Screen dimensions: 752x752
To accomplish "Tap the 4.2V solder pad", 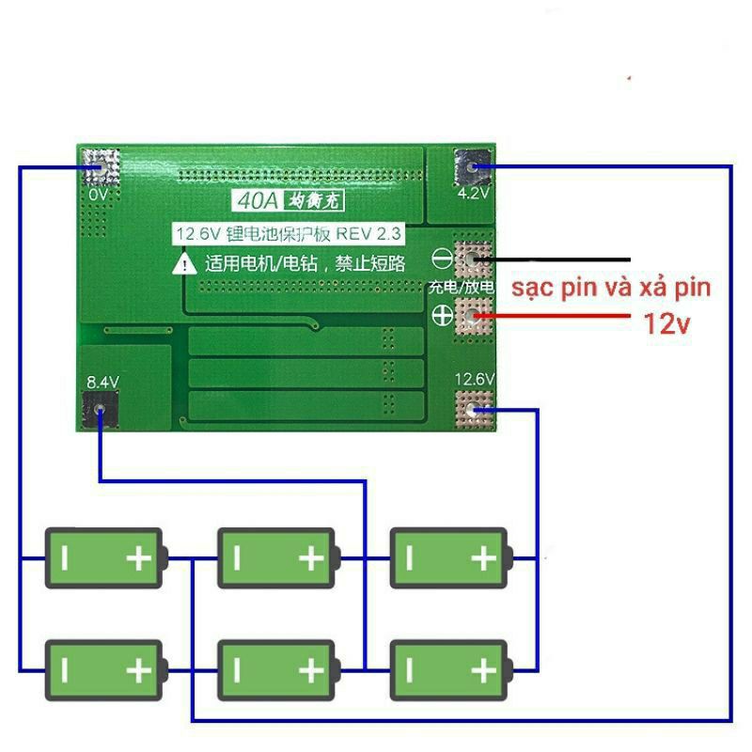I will click(x=473, y=169).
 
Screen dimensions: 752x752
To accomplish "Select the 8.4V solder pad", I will click(x=100, y=411).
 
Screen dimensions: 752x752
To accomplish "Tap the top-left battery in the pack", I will click(x=105, y=558).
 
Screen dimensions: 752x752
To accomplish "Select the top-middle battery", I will click(x=276, y=558).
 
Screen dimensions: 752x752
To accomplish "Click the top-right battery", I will click(x=449, y=558).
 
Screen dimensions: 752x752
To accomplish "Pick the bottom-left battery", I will click(x=105, y=669).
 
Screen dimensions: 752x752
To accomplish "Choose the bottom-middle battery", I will click(x=276, y=669).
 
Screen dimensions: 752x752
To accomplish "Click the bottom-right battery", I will click(x=449, y=669).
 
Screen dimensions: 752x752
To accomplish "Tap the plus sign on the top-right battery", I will click(x=483, y=559).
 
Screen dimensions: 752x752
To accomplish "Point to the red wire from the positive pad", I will click(x=564, y=318).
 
